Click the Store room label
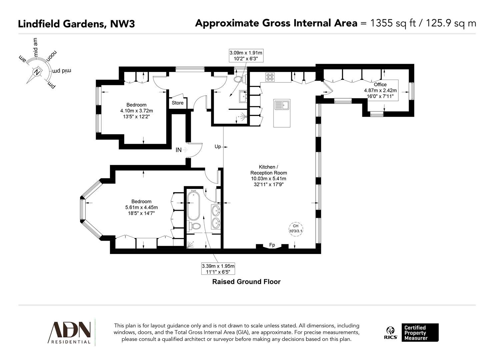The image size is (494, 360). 178,103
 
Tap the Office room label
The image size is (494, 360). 380,85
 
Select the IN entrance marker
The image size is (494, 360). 179,150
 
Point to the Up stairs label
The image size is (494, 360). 218,146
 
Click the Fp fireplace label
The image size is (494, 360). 272,245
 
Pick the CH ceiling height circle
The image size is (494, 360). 296,229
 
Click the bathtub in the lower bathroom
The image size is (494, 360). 193,204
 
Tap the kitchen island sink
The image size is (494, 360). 282,105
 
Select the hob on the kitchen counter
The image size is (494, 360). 270,77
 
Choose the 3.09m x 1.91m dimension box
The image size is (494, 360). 246,56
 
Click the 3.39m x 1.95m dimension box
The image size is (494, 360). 218,269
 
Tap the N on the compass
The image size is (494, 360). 36,71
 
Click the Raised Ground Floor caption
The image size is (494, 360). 246,282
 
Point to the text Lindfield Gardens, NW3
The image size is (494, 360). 76,24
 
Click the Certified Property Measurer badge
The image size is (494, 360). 420,333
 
